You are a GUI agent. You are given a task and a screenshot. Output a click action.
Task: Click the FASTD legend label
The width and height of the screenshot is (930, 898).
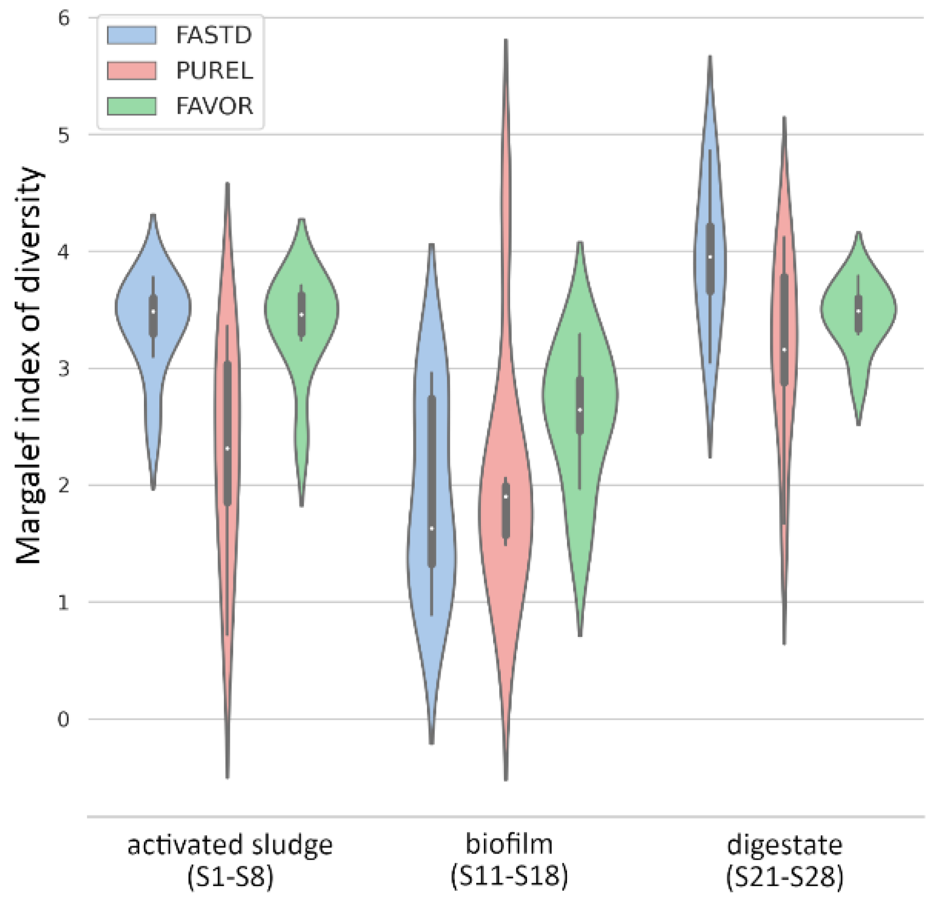pos(214,35)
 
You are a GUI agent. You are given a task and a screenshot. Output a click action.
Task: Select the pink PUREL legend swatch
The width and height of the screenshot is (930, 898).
pos(132,71)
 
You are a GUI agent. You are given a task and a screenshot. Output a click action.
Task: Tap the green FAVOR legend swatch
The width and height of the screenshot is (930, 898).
pos(132,106)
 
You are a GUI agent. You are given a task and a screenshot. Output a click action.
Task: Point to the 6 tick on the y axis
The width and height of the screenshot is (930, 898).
pos(63,18)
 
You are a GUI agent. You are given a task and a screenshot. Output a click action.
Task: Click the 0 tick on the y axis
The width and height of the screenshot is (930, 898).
pos(63,719)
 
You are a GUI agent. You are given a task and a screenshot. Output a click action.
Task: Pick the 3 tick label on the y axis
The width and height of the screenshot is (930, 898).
pos(63,369)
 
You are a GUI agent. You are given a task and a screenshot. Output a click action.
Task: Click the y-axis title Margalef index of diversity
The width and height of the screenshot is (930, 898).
pos(28,366)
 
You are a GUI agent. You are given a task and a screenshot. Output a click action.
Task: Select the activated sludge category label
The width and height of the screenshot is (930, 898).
pos(230,845)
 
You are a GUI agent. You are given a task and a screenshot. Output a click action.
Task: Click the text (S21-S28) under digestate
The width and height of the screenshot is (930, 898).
pos(784,877)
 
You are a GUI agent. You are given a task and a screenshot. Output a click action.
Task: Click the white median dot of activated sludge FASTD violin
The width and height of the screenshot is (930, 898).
pos(153,311)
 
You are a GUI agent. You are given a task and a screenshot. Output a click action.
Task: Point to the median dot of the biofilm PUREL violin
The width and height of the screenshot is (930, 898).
pos(506,497)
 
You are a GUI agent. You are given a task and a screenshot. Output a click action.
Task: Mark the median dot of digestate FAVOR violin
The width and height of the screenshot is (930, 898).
pos(858,311)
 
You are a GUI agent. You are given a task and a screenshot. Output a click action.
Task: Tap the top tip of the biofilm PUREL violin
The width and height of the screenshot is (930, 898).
pos(506,41)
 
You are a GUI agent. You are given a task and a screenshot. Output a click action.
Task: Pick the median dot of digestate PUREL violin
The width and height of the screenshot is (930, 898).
pos(784,350)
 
